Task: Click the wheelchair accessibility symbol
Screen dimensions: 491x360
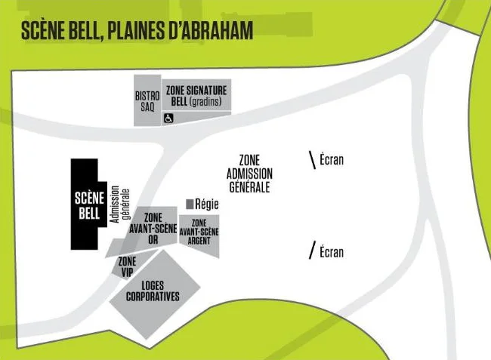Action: click(x=168, y=118)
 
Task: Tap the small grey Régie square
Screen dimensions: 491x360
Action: click(x=190, y=204)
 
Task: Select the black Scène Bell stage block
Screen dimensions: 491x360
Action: click(x=89, y=205)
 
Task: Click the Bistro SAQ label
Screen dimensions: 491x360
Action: click(x=147, y=100)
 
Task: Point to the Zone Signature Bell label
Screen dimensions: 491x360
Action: click(x=196, y=96)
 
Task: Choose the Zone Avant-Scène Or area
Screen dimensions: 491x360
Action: click(x=153, y=229)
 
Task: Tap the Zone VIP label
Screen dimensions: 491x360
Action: click(x=127, y=267)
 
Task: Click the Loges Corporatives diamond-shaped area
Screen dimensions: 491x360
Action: click(x=155, y=294)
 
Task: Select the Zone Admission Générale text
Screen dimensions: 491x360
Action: click(x=249, y=174)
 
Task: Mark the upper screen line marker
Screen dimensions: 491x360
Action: click(x=312, y=160)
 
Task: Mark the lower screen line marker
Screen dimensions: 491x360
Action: click(x=312, y=250)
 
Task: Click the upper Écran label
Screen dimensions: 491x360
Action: click(x=332, y=159)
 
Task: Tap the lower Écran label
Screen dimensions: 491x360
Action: click(x=332, y=252)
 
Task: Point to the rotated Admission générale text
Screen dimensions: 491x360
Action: click(x=120, y=205)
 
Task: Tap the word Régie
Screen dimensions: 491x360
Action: click(x=207, y=205)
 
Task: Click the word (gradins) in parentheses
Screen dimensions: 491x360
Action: click(x=205, y=101)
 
